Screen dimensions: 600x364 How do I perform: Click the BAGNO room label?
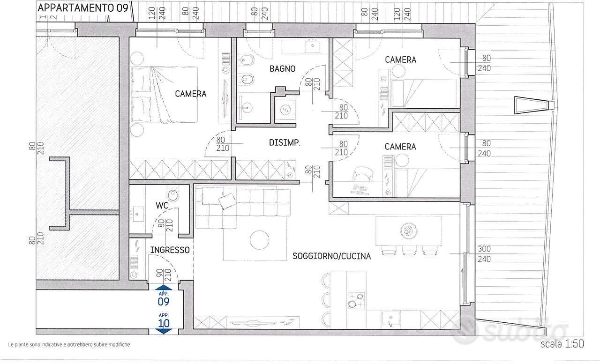pos(282,69)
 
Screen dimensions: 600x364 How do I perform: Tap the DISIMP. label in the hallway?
pos(285,143)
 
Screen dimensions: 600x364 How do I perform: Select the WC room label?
pos(162,206)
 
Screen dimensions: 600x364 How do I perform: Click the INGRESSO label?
pos(170,250)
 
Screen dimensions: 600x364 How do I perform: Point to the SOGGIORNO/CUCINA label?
pos(331,256)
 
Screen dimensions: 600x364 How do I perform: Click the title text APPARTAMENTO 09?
pos(83,8)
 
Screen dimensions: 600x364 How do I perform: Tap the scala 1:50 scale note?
pos(562,344)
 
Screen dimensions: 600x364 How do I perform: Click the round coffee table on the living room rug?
pos(259,240)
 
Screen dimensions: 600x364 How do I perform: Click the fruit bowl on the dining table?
pos(409,230)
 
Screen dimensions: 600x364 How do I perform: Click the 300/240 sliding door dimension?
pos(484,254)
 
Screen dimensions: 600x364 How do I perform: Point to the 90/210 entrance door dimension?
pos(164,275)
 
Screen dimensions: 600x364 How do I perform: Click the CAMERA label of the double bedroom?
pos(191,94)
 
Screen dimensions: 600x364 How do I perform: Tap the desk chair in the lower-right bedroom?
pos(362,175)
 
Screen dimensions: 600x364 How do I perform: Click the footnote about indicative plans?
pos(69,344)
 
